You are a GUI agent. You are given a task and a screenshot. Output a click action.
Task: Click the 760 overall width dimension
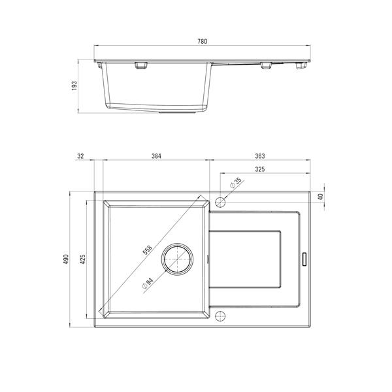[x=203, y=41]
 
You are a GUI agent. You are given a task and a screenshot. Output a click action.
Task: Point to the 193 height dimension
[x=74, y=86]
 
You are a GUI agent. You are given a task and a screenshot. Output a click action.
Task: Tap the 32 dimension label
[x=80, y=156]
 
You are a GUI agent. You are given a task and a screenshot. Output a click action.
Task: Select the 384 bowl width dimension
[x=156, y=156]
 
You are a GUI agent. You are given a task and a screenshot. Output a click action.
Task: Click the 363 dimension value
[x=260, y=156]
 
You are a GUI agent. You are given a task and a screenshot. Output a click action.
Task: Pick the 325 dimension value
[x=260, y=169]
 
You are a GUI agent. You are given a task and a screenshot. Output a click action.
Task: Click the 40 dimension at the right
[x=321, y=197]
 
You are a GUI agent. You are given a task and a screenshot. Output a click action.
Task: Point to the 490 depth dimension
[x=65, y=259]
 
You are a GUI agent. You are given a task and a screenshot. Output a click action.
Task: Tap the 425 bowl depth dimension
[x=83, y=259]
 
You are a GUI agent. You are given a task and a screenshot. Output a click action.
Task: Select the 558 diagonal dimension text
[x=147, y=250]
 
